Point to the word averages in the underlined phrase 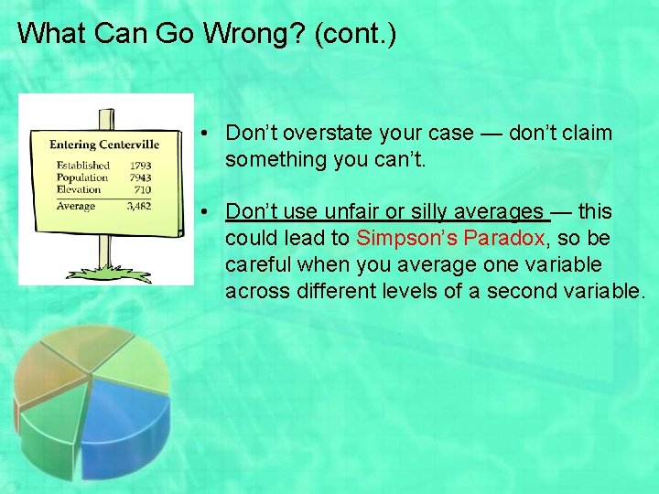point(502,211)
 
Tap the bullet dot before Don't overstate point(210,134)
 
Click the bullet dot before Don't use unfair point(210,212)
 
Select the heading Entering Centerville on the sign point(104,144)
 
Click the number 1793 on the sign point(140,166)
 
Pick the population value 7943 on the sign point(140,177)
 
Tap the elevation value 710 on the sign point(143,189)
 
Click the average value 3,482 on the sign point(138,207)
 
